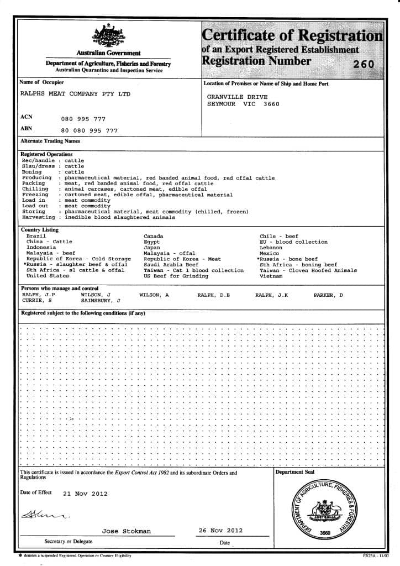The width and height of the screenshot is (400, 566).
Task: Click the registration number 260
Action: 364,64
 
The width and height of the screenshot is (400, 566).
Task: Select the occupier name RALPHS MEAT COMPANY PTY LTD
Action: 75,94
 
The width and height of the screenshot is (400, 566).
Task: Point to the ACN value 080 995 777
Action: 83,119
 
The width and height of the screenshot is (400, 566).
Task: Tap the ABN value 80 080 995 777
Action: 89,131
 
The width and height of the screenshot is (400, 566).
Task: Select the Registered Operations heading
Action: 46,154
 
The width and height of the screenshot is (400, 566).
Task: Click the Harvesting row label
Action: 39,217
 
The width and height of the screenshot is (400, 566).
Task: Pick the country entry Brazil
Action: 36,236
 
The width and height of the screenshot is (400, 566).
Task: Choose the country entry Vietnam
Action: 272,275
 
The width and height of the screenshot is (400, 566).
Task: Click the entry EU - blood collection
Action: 293,242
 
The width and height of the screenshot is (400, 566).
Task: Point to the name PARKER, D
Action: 328,295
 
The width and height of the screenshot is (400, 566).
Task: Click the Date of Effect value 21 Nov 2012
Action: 85,494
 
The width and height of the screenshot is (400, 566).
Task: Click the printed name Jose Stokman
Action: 126,531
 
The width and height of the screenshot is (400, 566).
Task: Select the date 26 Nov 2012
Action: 220,530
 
